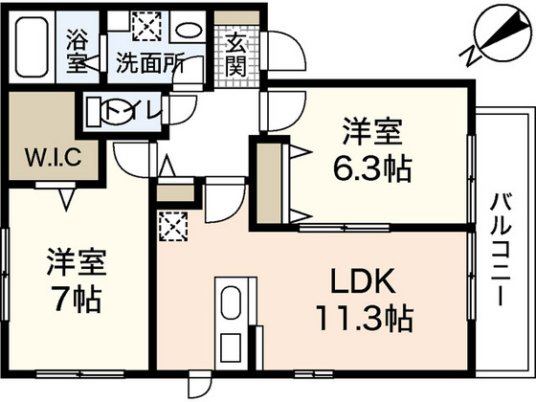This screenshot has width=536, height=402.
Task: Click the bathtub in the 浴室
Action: (x=32, y=47)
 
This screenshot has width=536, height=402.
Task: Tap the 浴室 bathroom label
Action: (x=78, y=52)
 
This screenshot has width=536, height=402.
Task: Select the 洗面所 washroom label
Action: (x=150, y=62)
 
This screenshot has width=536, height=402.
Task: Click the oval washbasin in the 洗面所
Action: (x=189, y=30)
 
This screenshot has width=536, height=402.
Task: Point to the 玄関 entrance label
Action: (x=236, y=56)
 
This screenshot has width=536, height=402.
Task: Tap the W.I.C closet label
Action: (x=54, y=157)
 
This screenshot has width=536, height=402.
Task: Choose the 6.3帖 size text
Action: (x=372, y=169)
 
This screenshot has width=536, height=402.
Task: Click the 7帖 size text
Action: (x=76, y=300)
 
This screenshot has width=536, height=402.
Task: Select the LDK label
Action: (x=363, y=281)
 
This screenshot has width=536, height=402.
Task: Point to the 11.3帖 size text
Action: (x=365, y=319)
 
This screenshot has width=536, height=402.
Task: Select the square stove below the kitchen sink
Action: (x=231, y=347)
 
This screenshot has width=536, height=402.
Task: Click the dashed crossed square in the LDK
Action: (x=173, y=226)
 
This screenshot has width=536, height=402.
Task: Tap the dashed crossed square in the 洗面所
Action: (x=146, y=27)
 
